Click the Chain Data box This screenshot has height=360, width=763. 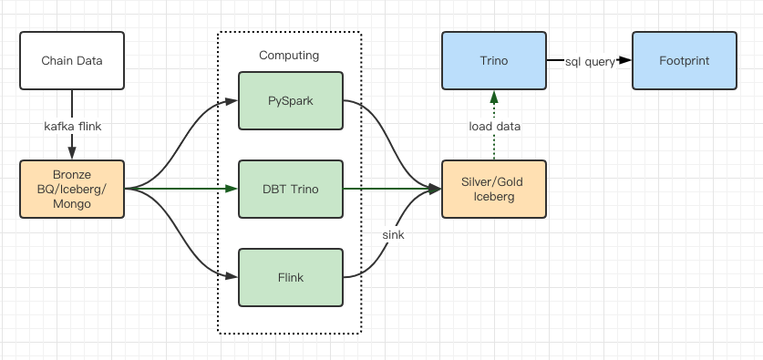(x=71, y=61)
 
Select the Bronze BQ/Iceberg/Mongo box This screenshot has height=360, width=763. (x=71, y=189)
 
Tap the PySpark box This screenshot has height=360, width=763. (x=290, y=99)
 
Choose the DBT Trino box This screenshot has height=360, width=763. (x=290, y=189)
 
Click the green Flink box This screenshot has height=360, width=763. (x=290, y=277)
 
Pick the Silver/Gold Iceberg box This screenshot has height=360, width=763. (x=493, y=189)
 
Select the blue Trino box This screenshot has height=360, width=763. (x=493, y=61)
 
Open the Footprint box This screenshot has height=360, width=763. (x=684, y=61)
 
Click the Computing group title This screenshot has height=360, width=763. (x=289, y=56)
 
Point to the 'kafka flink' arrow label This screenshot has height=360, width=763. (x=71, y=126)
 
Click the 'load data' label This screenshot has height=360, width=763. (x=495, y=126)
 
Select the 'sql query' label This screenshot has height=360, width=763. (x=590, y=61)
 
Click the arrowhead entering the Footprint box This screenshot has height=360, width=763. (x=625, y=61)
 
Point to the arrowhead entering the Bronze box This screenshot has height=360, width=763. (x=71, y=153)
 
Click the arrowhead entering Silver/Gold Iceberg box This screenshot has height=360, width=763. (x=435, y=189)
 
